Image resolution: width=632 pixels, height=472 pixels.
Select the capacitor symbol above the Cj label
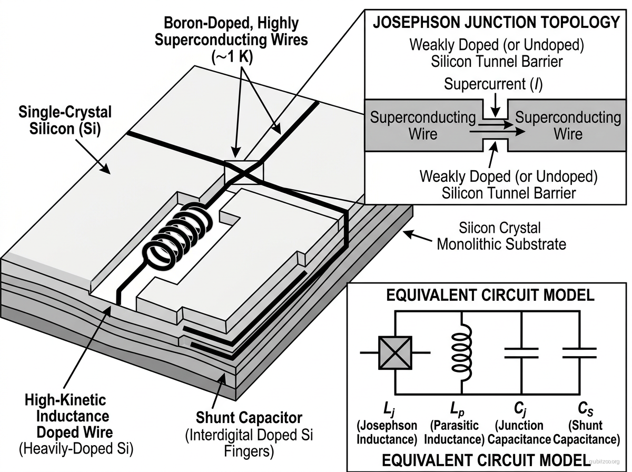coord(521,352)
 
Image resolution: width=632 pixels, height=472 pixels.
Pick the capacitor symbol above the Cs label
coord(579,352)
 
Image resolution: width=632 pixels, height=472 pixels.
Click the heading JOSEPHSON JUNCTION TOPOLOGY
coord(496,22)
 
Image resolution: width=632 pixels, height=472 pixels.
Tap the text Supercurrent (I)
coord(493,84)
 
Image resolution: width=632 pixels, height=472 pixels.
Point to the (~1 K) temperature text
coord(232,58)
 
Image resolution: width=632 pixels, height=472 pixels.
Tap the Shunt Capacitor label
coord(249,418)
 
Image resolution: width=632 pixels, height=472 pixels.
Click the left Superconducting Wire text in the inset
coord(422,125)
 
